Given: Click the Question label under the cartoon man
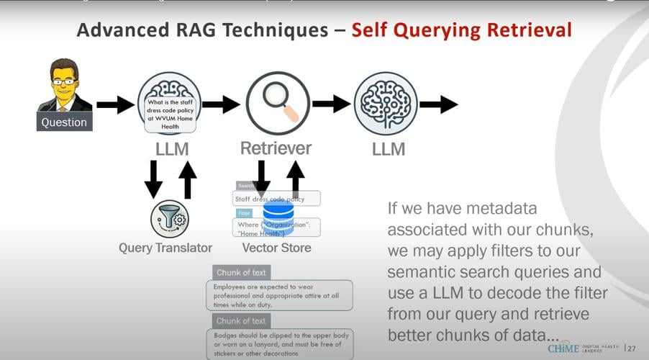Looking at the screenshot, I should point(64,122).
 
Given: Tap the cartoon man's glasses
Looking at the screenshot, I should point(64,81).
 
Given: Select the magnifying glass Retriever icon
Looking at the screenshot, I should point(278,103).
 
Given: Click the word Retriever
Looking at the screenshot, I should point(276,148).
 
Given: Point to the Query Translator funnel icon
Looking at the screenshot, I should point(170,219).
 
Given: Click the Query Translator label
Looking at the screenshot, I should point(165,248).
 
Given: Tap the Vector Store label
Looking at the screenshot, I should point(276,248).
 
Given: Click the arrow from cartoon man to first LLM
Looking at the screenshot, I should point(115,105).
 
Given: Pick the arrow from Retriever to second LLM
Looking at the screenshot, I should point(331,104).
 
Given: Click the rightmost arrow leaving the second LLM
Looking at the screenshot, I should point(438,104).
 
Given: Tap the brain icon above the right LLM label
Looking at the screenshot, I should point(386,103).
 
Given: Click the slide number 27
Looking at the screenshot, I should point(631,348).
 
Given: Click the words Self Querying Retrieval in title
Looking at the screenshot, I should point(461,30).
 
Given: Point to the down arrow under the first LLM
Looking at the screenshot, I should point(153,179).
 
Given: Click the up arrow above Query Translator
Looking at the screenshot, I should point(187,179).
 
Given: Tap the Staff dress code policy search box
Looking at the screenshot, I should point(276,199).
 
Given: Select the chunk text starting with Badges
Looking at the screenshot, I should point(283,343).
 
